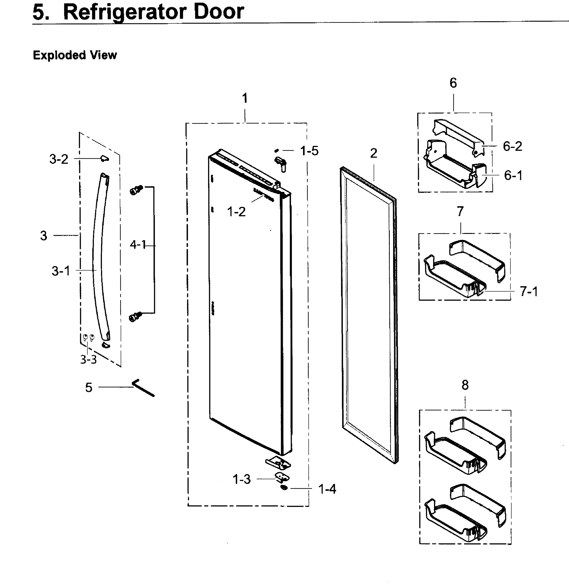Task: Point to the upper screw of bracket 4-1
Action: pyautogui.click(x=136, y=190)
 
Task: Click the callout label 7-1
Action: pyautogui.click(x=529, y=291)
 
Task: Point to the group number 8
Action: pyautogui.click(x=465, y=385)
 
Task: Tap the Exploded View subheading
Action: pyautogui.click(x=75, y=55)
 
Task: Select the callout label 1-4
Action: pyautogui.click(x=327, y=489)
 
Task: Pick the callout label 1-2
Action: pyautogui.click(x=236, y=212)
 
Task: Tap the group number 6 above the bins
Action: pyautogui.click(x=453, y=83)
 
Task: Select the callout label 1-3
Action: pyautogui.click(x=242, y=480)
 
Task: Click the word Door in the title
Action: pyautogui.click(x=219, y=12)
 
